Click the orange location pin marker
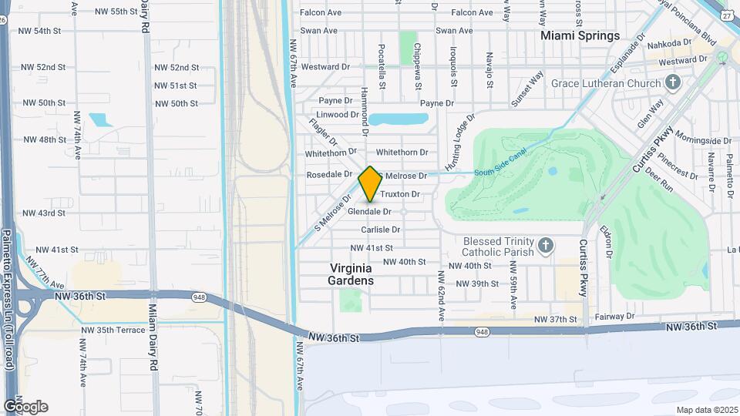pos(370,183)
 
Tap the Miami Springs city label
pos(580,35)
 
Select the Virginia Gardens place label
pos(351,274)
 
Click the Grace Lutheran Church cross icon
pos(673,82)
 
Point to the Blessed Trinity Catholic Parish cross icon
pos(546,246)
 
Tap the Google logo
pos(25,406)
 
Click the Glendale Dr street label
pos(369,211)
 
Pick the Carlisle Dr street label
pos(381,230)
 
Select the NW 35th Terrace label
pos(113,330)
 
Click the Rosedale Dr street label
pos(329,174)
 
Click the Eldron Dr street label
pos(608,241)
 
